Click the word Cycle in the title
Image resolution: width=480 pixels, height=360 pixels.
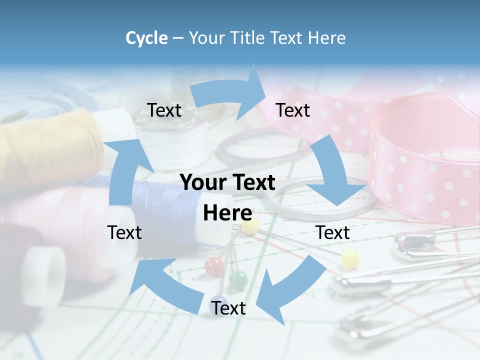tap(146, 38)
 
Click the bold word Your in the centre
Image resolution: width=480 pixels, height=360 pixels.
tap(202, 183)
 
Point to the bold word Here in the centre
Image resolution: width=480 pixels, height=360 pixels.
tap(227, 213)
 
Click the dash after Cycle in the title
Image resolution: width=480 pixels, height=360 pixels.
tap(177, 38)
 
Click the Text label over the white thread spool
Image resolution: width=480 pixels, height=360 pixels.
tap(164, 110)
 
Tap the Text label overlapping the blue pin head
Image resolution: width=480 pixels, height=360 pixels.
tap(228, 308)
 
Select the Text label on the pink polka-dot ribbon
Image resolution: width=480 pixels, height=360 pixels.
tap(293, 110)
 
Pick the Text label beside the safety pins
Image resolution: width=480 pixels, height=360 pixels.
tap(333, 232)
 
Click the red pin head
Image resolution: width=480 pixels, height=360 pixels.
tap(213, 265)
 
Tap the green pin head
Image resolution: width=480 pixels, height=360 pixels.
tap(238, 278)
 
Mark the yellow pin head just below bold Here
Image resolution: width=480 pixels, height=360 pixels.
tap(250, 226)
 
